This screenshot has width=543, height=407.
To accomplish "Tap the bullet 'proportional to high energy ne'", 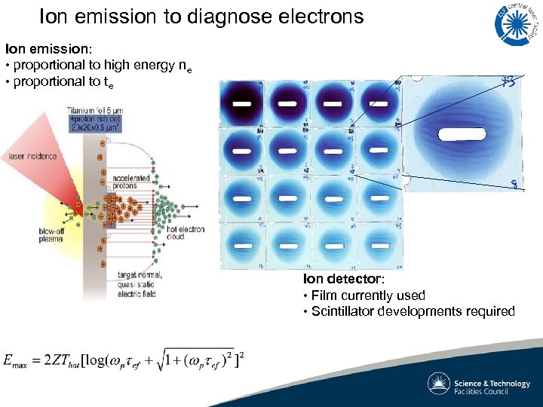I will (102, 66).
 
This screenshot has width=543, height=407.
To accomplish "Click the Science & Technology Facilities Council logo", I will (480, 384).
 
